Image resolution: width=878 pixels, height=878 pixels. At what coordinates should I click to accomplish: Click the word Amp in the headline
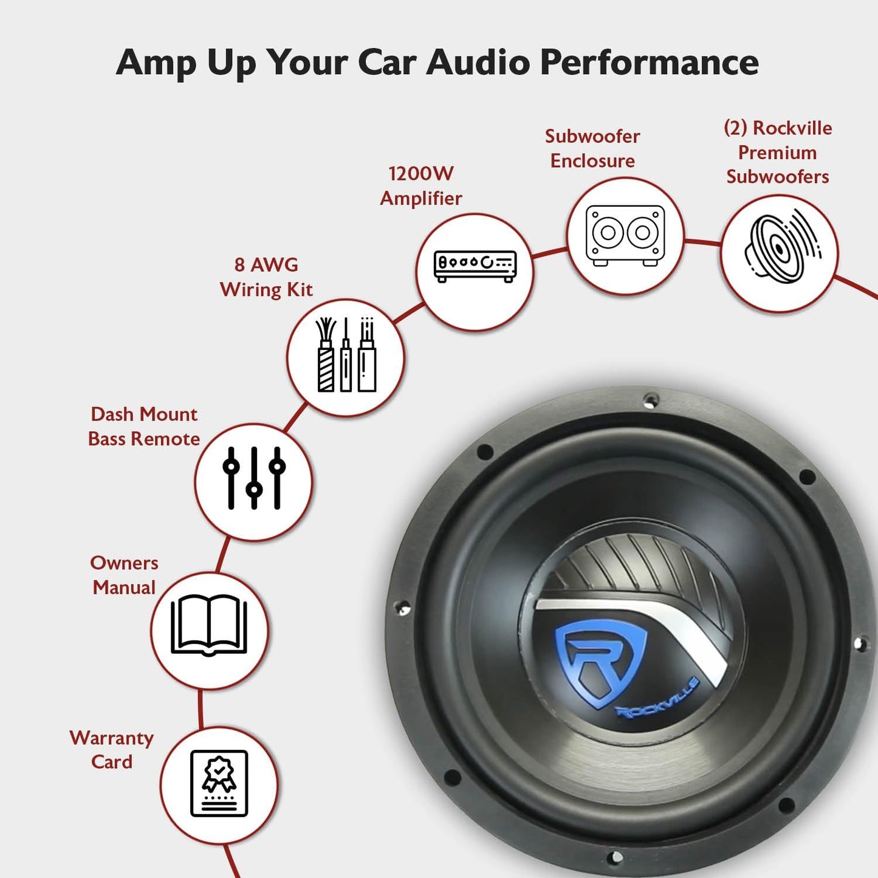pyautogui.click(x=156, y=63)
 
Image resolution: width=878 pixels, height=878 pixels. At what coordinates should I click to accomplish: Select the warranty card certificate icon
pyautogui.click(x=219, y=783)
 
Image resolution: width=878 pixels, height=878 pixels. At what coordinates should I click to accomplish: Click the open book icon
pyautogui.click(x=209, y=625)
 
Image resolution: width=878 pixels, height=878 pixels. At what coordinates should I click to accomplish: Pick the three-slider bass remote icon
pyautogui.click(x=254, y=478)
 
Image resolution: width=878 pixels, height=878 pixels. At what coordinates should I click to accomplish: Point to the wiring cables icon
pyautogui.click(x=346, y=354)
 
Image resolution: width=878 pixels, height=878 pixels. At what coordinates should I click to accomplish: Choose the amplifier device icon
pyautogui.click(x=475, y=266)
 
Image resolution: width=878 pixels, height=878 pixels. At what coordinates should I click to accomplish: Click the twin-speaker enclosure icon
pyautogui.click(x=625, y=236)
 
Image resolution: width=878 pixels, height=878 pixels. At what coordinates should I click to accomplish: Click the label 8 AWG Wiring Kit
pyautogui.click(x=266, y=277)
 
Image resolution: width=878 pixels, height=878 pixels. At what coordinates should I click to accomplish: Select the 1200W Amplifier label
pyautogui.click(x=421, y=186)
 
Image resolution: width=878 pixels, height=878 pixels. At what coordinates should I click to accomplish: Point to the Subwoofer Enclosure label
pyautogui.click(x=592, y=148)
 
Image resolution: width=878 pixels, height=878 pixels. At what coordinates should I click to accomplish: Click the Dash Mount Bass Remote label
pyautogui.click(x=144, y=427)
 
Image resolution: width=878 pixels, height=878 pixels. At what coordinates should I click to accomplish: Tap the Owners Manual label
pyautogui.click(x=124, y=575)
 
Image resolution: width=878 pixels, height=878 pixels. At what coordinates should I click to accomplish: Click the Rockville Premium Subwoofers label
pyautogui.click(x=778, y=152)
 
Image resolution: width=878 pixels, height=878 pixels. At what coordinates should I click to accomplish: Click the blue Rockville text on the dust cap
pyautogui.click(x=657, y=698)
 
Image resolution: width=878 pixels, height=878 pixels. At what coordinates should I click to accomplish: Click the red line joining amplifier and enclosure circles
pyautogui.click(x=550, y=253)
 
